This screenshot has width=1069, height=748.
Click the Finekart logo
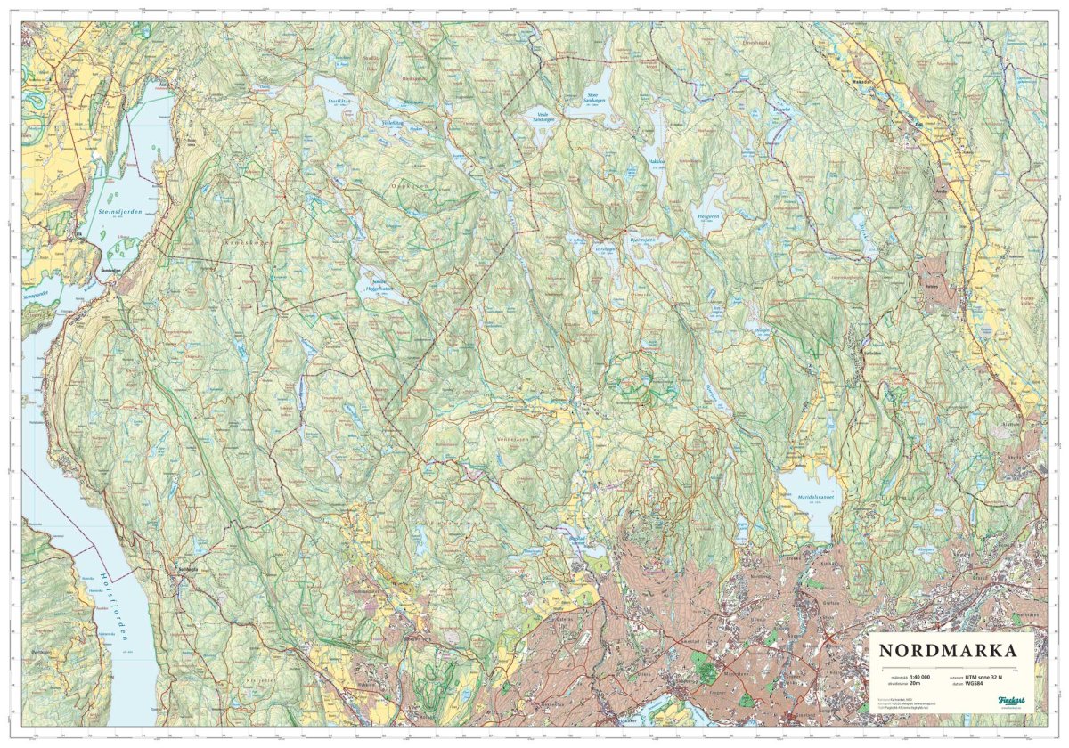[1011, 702]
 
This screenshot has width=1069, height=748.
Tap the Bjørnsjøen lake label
[642, 240]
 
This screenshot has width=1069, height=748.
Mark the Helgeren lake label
[708, 215]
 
